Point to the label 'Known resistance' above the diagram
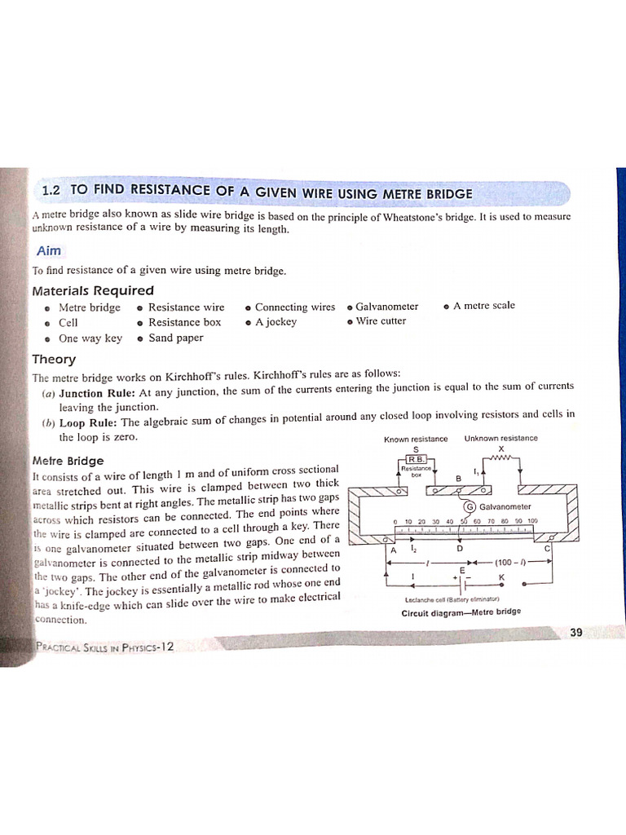click(x=416, y=439)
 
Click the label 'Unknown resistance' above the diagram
click(x=500, y=438)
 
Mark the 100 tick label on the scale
click(x=532, y=520)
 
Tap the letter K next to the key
click(x=501, y=577)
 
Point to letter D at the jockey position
click(x=460, y=548)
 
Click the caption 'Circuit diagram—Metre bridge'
click(x=461, y=612)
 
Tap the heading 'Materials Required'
click(x=92, y=290)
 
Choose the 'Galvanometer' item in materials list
click(x=386, y=307)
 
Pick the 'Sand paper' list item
click(x=175, y=338)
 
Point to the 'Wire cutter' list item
click(x=381, y=321)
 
